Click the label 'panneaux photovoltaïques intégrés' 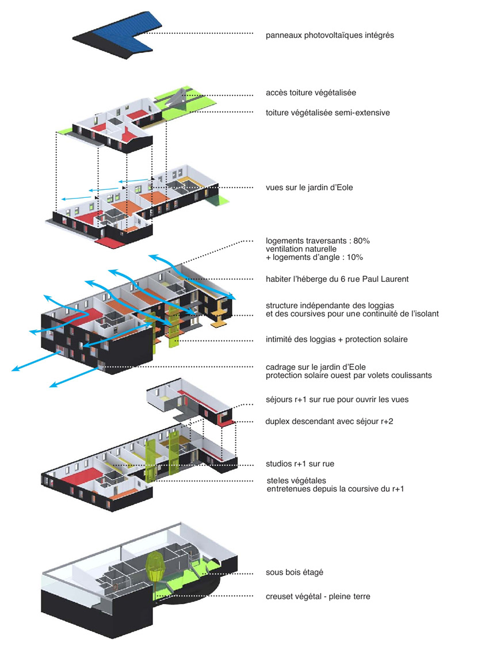[x=330, y=35]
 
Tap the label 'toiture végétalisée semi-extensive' [x=327, y=113]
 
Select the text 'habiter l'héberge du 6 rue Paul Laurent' [x=337, y=280]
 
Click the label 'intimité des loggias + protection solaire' [x=337, y=339]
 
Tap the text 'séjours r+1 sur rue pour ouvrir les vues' [x=337, y=400]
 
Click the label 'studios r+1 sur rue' [x=300, y=464]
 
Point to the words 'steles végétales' [x=296, y=481]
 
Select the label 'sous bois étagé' [x=294, y=573]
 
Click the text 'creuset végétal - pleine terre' [x=318, y=596]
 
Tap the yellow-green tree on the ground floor [x=157, y=567]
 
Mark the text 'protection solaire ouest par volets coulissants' [x=349, y=376]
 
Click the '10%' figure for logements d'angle [x=354, y=258]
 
